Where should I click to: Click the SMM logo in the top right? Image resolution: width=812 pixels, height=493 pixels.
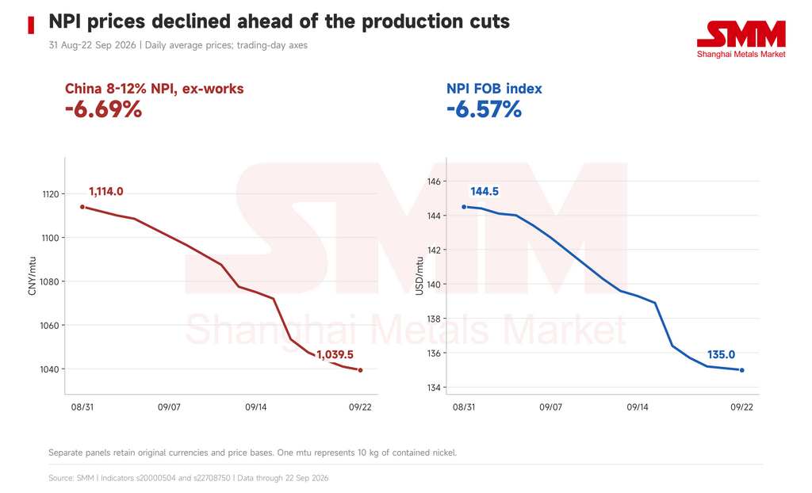click(x=741, y=40)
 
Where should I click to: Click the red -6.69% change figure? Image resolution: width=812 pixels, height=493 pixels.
click(x=104, y=110)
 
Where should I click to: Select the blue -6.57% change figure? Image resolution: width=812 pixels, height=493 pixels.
click(x=485, y=110)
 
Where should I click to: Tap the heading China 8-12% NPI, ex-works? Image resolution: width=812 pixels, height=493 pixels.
click(x=155, y=89)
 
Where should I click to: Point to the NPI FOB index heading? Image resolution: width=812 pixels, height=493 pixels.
click(x=494, y=89)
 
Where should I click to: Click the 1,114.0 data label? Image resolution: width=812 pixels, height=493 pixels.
click(x=106, y=192)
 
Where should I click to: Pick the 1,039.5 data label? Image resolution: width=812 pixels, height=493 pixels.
click(x=335, y=355)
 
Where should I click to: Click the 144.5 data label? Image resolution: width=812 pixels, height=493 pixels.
click(x=485, y=192)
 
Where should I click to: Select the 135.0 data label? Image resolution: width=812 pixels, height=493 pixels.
click(x=722, y=355)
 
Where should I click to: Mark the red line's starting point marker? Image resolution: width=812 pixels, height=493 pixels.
click(x=82, y=207)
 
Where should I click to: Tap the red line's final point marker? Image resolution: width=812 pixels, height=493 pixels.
click(x=361, y=370)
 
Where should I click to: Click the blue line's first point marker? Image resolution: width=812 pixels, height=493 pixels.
click(x=464, y=207)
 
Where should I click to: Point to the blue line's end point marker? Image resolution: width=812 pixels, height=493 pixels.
click(x=742, y=370)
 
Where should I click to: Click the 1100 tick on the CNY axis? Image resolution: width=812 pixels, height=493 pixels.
click(x=51, y=239)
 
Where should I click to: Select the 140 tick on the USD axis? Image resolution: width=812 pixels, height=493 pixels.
click(x=434, y=285)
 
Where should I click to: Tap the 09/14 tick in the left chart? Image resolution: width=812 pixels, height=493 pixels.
click(x=256, y=407)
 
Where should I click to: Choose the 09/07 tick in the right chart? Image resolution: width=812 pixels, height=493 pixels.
click(x=550, y=407)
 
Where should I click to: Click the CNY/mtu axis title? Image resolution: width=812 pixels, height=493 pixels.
click(x=32, y=276)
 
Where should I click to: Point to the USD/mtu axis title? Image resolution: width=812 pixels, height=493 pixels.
click(x=419, y=276)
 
